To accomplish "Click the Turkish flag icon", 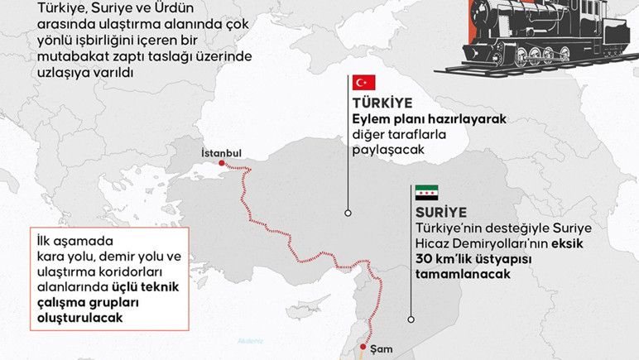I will (364, 83).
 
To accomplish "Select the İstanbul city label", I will (221, 153).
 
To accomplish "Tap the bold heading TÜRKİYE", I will (382, 104).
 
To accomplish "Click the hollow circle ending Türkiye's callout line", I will (348, 213).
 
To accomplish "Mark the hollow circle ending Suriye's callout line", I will (411, 317).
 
